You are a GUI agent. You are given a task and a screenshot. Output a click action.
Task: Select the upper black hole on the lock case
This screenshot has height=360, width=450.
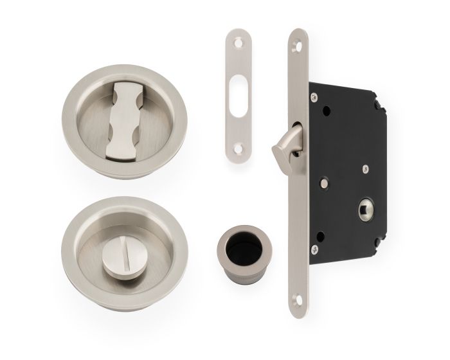pos(328,110)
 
